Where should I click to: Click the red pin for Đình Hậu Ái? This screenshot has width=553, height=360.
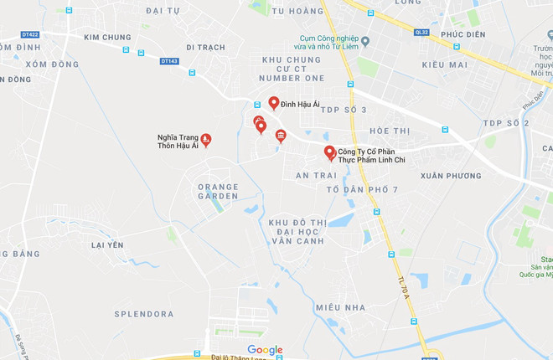tap(274, 102)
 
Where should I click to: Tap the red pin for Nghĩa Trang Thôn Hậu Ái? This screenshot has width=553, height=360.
tap(206, 139)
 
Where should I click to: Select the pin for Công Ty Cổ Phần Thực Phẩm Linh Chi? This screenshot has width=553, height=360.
tap(330, 152)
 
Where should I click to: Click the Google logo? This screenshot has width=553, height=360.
tap(265, 350)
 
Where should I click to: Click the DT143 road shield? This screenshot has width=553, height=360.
tap(170, 61)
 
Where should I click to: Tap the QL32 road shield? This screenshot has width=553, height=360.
tap(421, 33)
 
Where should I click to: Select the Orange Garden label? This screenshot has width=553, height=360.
tap(218, 191)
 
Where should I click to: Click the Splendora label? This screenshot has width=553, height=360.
tap(143, 313)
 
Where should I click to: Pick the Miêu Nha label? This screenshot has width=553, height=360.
tap(341, 307)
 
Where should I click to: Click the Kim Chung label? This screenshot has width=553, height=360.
tap(107, 38)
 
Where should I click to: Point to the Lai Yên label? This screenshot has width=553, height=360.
tap(107, 244)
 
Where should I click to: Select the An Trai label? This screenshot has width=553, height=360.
tap(316, 176)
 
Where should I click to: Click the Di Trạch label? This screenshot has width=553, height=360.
tap(205, 48)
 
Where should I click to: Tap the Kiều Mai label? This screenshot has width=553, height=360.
tap(444, 64)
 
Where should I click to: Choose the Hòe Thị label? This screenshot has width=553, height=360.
tap(390, 131)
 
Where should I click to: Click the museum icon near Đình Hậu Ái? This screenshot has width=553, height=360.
tap(281, 136)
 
